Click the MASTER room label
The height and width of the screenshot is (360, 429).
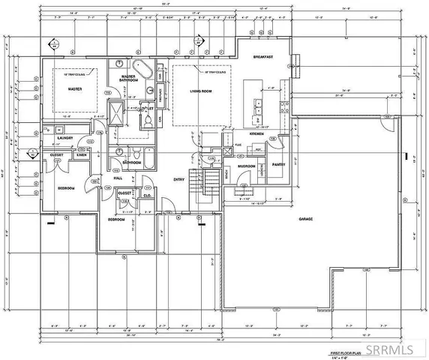point(74,88)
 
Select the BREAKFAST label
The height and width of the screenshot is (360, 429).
point(262,58)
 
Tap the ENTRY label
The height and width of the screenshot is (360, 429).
point(178,179)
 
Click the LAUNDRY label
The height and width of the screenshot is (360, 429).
point(64,138)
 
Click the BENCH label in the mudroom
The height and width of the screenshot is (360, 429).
point(226,173)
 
